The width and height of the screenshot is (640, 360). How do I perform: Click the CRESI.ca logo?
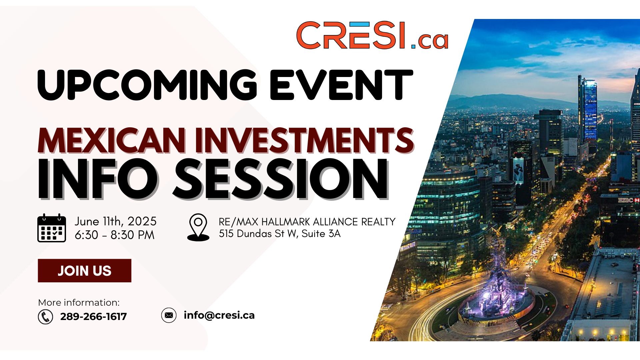coord(372,35)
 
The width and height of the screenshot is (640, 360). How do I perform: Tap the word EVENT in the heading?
coord(342,85)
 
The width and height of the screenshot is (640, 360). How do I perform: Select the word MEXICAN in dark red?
coord(112,140)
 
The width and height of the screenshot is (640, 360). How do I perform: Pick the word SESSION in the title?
coord(281,179)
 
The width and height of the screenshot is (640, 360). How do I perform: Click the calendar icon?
coord(52,228)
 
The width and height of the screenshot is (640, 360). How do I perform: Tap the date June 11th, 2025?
coord(115,221)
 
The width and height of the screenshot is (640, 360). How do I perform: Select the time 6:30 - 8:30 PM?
coord(115,235)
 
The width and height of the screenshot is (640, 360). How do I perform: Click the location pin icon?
coord(198,227)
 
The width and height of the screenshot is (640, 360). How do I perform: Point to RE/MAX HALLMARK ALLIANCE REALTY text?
coord(307,222)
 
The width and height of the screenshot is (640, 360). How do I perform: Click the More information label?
coord(79,303)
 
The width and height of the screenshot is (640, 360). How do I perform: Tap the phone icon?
coord(45,317)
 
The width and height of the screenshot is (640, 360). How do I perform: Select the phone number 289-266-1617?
coord(93,317)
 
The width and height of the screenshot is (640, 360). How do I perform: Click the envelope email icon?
coord(169,315)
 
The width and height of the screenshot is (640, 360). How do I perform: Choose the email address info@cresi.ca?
coord(219,315)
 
